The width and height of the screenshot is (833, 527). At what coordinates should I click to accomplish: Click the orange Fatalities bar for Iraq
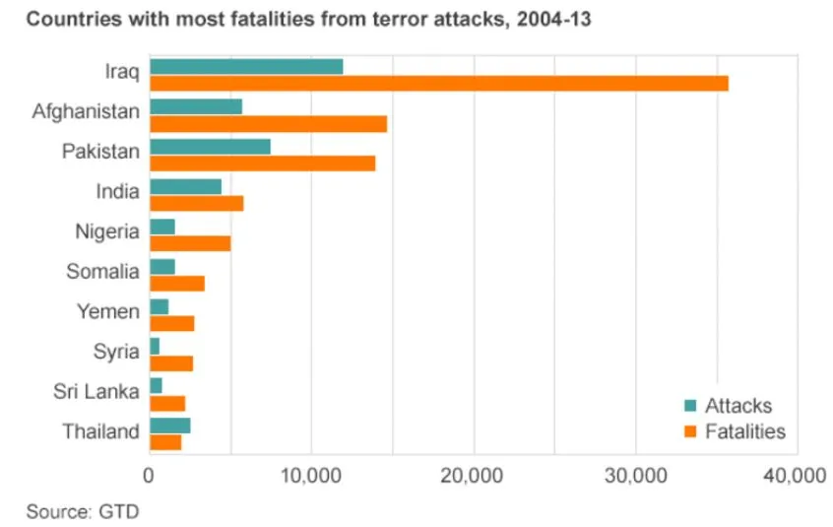[x=438, y=84]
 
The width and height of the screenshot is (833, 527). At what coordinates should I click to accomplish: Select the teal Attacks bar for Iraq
[x=246, y=66]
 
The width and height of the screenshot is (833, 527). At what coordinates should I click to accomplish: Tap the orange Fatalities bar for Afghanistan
[x=268, y=123]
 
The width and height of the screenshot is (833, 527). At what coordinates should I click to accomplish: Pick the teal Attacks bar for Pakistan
[x=210, y=147]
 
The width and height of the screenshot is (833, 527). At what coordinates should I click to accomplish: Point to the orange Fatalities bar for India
[x=196, y=203]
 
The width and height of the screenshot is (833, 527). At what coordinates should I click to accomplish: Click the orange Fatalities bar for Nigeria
[x=190, y=243]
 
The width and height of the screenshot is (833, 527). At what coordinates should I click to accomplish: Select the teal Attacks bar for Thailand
[x=169, y=425]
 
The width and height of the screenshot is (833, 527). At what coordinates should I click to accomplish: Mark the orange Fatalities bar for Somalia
[x=177, y=284]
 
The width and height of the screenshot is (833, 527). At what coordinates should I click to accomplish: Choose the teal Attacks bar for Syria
[x=155, y=346]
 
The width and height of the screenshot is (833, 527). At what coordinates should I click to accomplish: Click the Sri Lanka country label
[x=96, y=391]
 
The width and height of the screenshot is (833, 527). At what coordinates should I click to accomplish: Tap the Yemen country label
[x=108, y=311]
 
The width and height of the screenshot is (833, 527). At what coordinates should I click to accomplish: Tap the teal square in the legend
[x=690, y=406]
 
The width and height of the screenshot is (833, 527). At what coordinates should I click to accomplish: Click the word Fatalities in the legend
[x=745, y=431]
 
